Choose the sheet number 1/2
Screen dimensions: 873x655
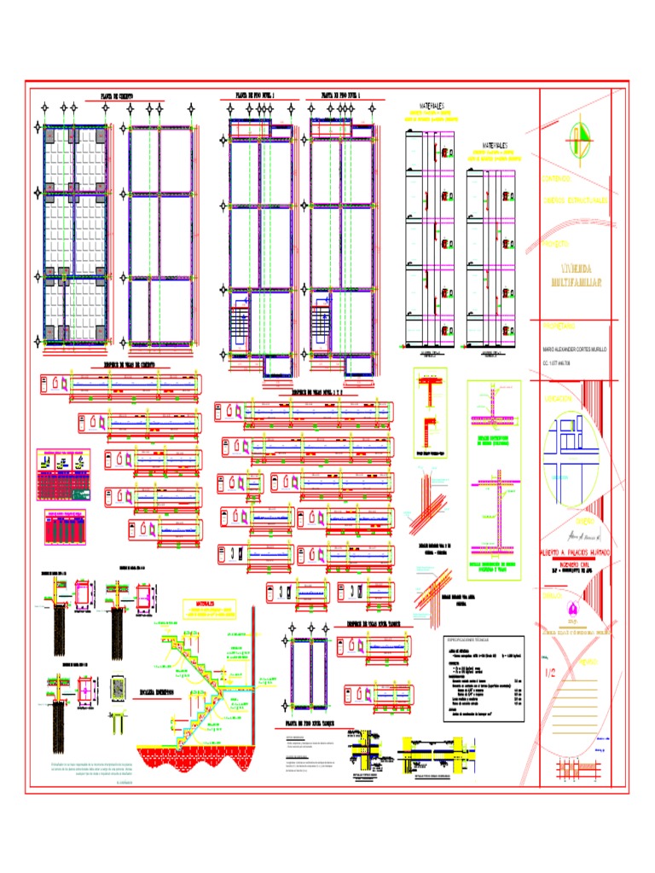pyautogui.click(x=551, y=672)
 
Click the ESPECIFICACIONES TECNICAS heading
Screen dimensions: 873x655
pyautogui.click(x=470, y=639)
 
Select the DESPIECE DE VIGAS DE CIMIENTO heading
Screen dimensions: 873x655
pyautogui.click(x=125, y=367)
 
